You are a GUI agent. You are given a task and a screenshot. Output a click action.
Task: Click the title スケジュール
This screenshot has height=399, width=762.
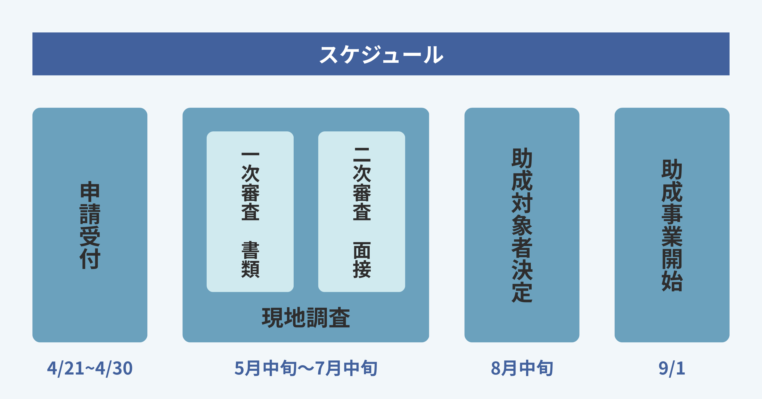pos(381,55)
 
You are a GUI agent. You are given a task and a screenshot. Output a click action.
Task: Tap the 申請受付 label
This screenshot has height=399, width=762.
pos(90,225)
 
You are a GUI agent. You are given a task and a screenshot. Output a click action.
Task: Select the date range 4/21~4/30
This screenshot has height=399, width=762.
pos(90,368)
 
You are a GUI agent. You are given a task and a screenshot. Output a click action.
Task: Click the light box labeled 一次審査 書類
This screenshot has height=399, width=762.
pos(250,211)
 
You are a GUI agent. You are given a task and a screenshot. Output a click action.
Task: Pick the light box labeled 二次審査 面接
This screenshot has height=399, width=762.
pos(361,211)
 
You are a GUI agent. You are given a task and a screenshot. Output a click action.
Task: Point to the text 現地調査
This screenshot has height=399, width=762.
pos(306,318)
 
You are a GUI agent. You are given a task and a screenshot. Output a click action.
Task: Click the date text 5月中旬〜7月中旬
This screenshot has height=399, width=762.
pos(306,368)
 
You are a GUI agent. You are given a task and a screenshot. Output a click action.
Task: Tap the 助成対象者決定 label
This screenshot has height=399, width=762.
pos(522,225)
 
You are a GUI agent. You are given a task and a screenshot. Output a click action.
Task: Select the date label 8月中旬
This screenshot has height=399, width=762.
pos(522,368)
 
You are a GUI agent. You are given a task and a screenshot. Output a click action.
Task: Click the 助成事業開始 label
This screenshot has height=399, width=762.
pos(672,225)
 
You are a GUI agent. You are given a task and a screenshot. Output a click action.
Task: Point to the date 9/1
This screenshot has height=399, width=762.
pos(672,368)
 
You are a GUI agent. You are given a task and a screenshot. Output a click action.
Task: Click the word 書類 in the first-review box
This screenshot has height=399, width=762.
pos(250,259)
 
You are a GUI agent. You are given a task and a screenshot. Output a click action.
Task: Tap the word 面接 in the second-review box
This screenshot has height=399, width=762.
pos(362,259)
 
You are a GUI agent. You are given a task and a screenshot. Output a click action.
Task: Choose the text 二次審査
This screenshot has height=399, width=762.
pos(362,184)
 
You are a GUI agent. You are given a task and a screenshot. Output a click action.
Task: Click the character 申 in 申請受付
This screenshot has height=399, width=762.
pos(90,192)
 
